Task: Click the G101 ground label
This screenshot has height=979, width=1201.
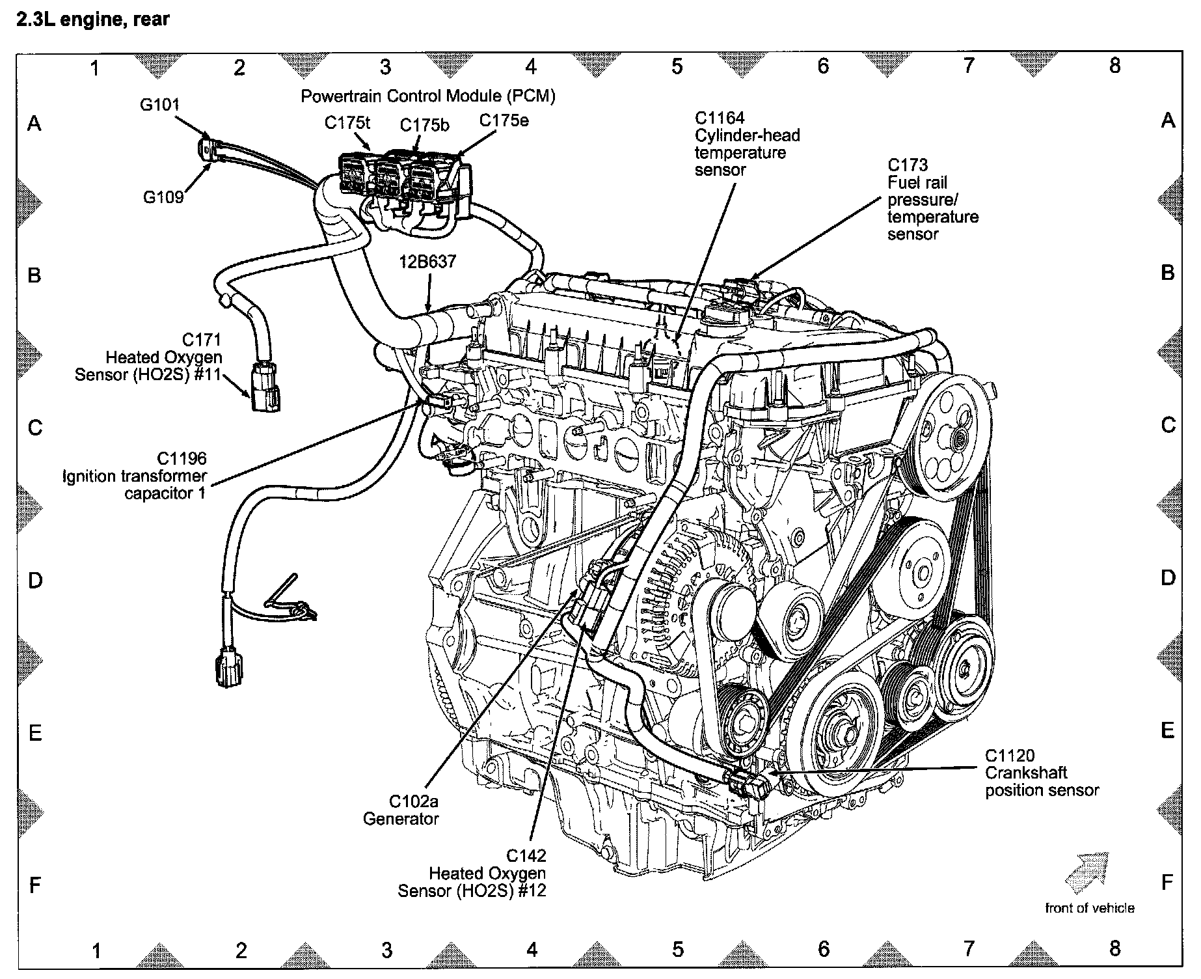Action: (159, 105)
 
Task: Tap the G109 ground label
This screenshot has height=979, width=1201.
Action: (163, 197)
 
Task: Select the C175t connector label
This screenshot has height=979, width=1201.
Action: (347, 123)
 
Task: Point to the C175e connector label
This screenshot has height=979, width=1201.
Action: (504, 120)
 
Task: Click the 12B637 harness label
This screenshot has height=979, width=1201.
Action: (427, 262)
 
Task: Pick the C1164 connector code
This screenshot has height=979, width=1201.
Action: (720, 118)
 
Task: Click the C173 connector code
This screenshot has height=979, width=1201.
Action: (908, 165)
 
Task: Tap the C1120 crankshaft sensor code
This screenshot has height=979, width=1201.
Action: (1009, 756)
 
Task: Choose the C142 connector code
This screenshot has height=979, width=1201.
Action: (526, 855)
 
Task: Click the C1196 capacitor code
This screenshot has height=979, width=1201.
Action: (182, 459)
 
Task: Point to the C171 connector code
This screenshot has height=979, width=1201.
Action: (202, 340)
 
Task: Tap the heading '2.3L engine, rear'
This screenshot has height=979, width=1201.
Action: (92, 20)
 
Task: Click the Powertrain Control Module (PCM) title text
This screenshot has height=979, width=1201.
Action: (427, 96)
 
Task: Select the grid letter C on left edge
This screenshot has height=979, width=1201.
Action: (35, 428)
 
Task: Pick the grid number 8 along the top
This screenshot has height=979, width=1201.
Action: (1115, 66)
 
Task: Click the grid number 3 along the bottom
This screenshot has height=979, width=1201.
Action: (387, 950)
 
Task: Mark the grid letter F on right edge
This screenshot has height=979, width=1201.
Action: (1167, 883)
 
